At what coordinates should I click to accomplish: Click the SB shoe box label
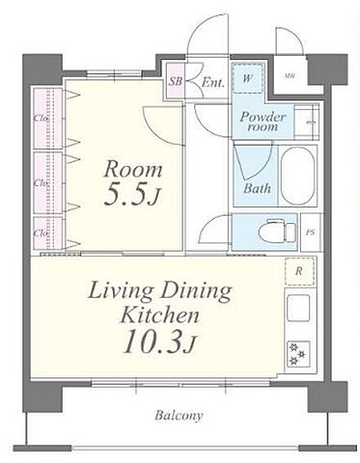tap(176, 81)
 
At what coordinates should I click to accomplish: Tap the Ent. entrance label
tap(212, 82)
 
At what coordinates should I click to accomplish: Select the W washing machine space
tap(247, 78)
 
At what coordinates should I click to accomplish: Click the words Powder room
tap(263, 122)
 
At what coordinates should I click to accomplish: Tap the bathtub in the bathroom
tap(297, 175)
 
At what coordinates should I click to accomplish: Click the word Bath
tap(257, 188)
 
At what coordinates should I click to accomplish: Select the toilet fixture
tap(277, 231)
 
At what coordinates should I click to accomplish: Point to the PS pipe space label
tap(310, 232)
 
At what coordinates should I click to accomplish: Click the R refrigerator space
tap(299, 271)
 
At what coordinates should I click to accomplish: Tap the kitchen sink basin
tap(298, 308)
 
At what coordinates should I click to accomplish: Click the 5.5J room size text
tap(131, 196)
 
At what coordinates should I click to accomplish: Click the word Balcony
tap(179, 415)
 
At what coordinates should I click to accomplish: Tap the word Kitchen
tap(160, 315)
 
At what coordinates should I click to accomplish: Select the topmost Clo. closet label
tap(41, 118)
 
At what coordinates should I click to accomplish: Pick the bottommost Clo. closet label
tap(41, 233)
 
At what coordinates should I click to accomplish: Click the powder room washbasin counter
tap(307, 122)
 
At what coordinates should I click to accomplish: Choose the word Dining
tap(196, 291)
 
